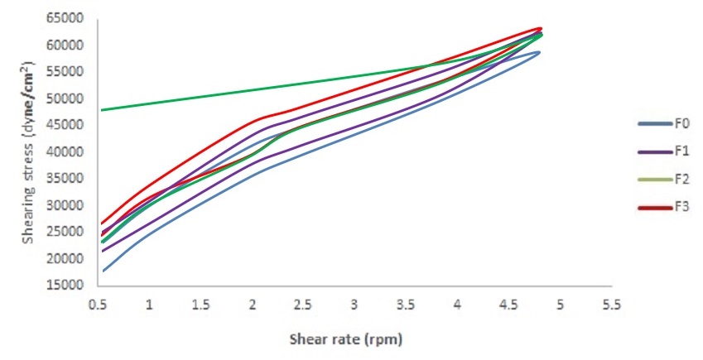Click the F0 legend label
(683, 124)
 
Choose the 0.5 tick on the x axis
(98, 305)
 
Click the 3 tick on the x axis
(354, 305)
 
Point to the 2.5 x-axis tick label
(303, 305)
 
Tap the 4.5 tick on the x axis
(508, 305)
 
